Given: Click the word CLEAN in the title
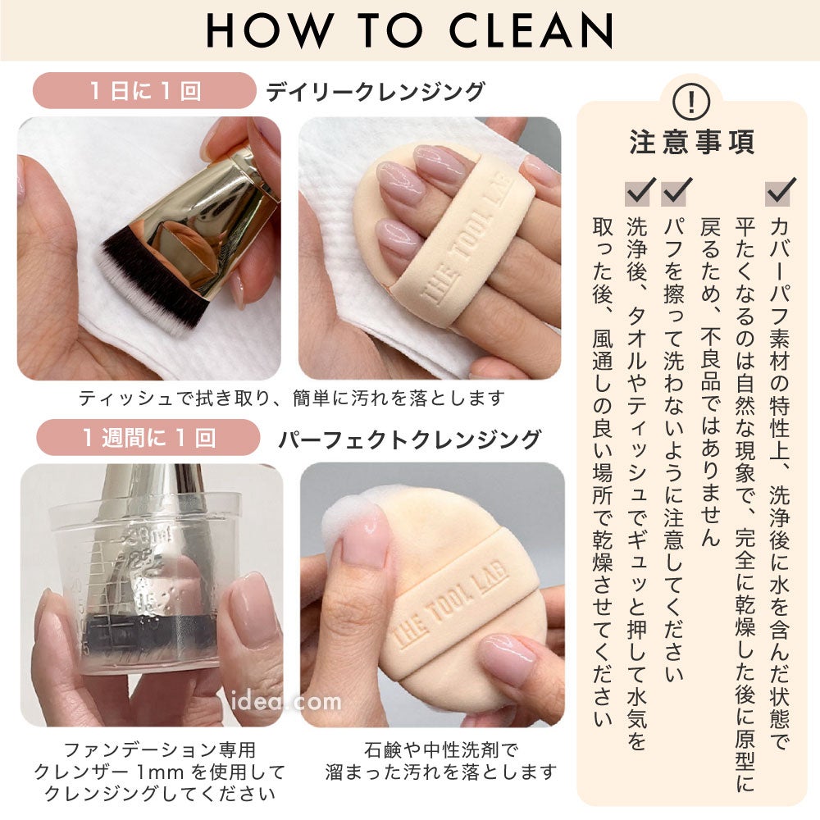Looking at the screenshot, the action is point(531,30).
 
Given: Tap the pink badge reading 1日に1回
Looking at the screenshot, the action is point(144,90).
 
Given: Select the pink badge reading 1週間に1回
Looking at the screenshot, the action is point(148,437).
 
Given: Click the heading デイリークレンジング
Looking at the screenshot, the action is point(376,92).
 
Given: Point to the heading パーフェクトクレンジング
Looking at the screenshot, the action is point(409,440).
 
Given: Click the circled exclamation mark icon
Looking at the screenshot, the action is point(690,102).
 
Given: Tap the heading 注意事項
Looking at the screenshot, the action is point(692,142).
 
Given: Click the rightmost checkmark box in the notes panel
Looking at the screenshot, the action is point(780,191).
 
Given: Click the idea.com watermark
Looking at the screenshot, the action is point(285,701).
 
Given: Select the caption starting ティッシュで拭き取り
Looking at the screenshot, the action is point(291,399).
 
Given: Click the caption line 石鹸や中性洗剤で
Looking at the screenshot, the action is point(441,750).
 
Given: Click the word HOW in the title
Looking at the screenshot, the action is point(270,30).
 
